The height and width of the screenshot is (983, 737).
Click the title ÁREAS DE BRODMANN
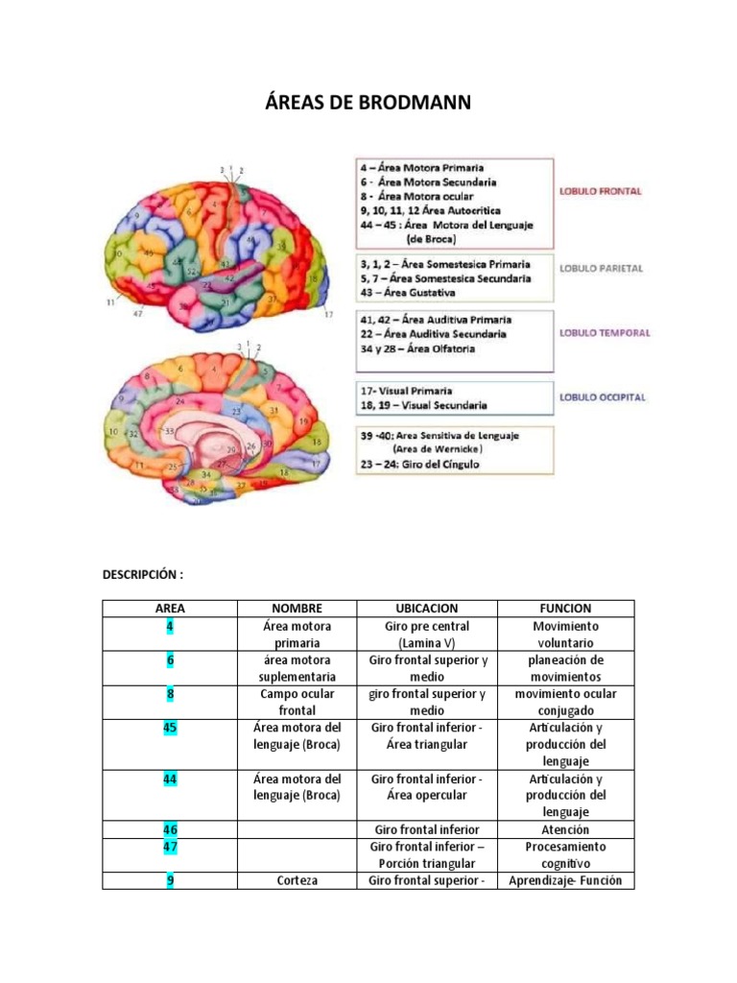tap(368, 102)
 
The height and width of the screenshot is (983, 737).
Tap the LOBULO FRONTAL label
tap(601, 191)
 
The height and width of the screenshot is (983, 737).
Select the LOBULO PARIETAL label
tap(601, 269)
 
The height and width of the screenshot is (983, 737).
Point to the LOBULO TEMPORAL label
tap(605, 333)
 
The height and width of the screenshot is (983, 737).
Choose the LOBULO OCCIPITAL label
tap(603, 397)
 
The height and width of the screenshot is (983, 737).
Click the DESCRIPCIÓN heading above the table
tap(143, 574)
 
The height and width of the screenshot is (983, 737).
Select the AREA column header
tap(170, 609)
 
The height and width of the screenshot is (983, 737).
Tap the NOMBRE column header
tap(297, 609)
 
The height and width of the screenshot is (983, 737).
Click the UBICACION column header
tap(427, 609)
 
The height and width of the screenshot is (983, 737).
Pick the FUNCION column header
tap(565, 609)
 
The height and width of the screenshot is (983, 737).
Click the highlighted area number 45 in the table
tap(170, 728)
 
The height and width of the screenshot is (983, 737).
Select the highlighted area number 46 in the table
tap(170, 829)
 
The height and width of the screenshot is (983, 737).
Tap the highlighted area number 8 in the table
tap(170, 694)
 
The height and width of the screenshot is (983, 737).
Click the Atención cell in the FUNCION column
tap(565, 829)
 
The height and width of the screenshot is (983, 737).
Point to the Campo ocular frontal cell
tap(297, 702)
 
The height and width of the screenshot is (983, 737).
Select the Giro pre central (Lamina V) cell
tap(427, 635)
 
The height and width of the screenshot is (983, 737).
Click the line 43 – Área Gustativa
tap(408, 293)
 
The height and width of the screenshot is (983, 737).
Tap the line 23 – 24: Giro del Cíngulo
tap(420, 465)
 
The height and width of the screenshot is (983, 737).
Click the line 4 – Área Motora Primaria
tap(422, 167)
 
